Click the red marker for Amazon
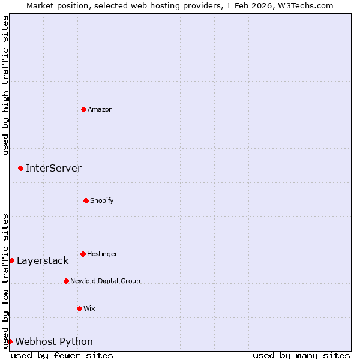[83, 109]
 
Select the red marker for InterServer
[20, 168]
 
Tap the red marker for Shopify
[86, 200]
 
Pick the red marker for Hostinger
[83, 254]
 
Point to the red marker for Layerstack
[11, 260]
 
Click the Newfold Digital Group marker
[66, 281]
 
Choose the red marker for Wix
[79, 308]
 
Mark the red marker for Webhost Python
[10, 341]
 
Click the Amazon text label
[100, 109]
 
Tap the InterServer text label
[53, 168]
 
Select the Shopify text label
[102, 200]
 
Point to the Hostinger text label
[102, 254]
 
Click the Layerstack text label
[43, 260]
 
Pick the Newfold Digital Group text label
[105, 281]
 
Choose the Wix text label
[89, 308]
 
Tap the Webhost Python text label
[54, 341]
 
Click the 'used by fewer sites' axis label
[62, 355]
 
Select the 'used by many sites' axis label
[301, 355]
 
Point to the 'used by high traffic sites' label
[5, 85]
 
